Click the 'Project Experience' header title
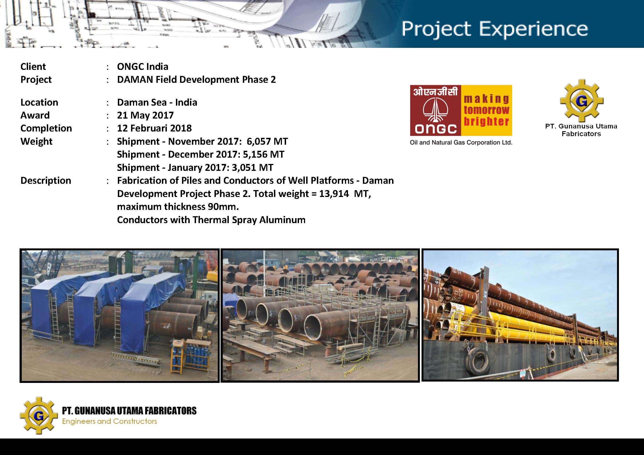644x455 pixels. point(494,29)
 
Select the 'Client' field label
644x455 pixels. point(33,67)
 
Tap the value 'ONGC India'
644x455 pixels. point(143,67)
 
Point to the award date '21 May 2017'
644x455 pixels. point(145,115)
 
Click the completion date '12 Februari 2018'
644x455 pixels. point(154,128)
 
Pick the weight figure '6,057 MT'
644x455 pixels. point(267,141)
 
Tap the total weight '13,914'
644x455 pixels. point(334,194)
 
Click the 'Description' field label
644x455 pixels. point(46,180)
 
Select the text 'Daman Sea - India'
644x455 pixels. point(157,102)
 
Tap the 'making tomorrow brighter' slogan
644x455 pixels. point(487,110)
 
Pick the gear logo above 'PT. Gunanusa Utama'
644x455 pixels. point(582,101)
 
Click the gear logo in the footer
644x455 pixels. point(39,415)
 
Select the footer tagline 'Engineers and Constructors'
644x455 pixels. point(109,421)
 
